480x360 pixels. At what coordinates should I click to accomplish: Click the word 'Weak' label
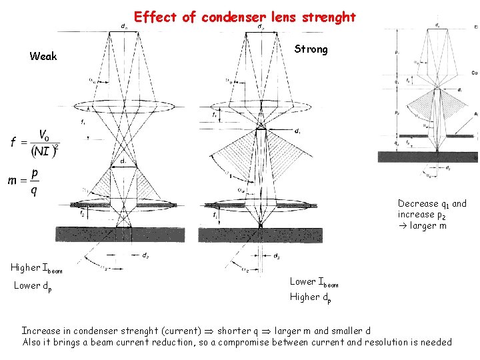pos(43,57)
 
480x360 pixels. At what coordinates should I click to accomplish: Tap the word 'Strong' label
pos(311,50)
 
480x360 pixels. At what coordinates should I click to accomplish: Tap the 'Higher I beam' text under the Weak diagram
pos(36,268)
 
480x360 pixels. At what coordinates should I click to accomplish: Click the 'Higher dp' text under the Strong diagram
pos(310,297)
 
